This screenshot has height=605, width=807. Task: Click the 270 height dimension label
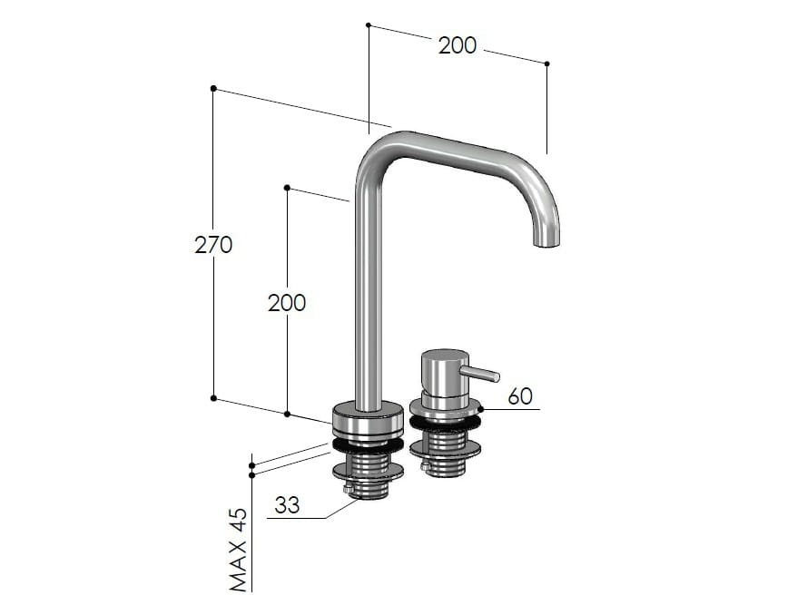pyautogui.click(x=213, y=244)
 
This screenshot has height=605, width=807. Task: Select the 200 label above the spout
pyautogui.click(x=457, y=45)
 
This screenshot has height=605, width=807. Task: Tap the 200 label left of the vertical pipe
pyautogui.click(x=287, y=303)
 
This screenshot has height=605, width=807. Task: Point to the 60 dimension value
pyautogui.click(x=520, y=396)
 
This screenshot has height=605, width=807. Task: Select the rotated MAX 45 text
pyautogui.click(x=238, y=549)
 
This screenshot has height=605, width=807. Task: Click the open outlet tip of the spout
pyautogui.click(x=546, y=243)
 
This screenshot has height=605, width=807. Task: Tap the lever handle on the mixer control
pyautogui.click(x=482, y=373)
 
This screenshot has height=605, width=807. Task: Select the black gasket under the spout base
pyautogui.click(x=367, y=444)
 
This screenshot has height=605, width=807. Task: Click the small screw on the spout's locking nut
pyautogui.click(x=348, y=491)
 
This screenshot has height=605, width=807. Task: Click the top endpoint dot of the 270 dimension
pyautogui.click(x=213, y=88)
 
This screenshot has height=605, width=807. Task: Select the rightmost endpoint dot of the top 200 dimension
pyautogui.click(x=546, y=63)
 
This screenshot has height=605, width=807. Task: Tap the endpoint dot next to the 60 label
pyautogui.click(x=481, y=409)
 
